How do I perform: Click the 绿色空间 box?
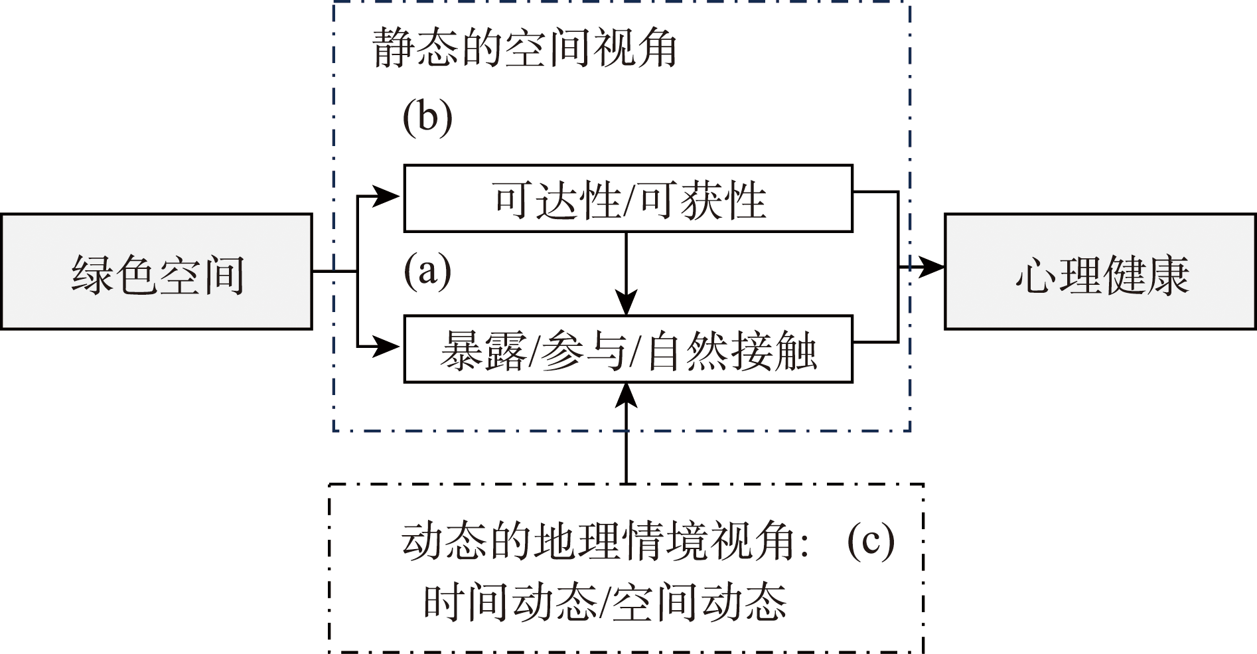157,272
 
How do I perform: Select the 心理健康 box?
1100,272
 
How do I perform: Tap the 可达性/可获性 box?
628,199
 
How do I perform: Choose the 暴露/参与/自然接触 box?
628,349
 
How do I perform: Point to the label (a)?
427,271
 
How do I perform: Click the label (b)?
427,118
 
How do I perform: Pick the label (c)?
870,540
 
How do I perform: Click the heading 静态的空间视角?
524,48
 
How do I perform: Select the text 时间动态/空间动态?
605,603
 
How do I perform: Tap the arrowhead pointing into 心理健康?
932,267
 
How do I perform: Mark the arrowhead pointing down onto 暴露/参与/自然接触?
626,302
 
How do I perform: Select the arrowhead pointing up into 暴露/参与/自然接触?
626,397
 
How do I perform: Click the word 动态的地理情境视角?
597,541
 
